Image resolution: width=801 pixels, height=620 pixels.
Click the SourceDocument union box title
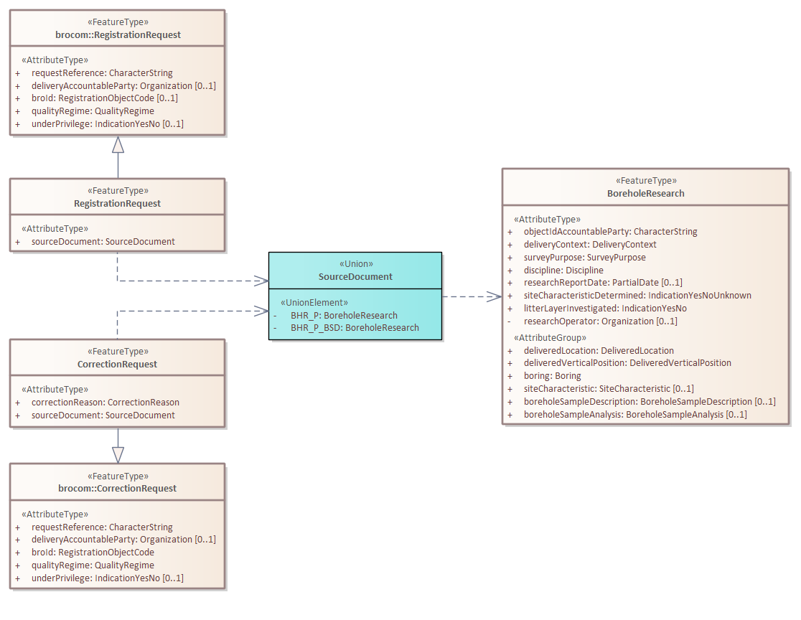[x=355, y=276]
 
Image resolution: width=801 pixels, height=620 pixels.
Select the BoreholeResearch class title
[x=645, y=193]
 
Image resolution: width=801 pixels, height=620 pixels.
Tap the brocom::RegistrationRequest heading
[x=118, y=34]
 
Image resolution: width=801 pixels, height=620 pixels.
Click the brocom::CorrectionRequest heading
[x=118, y=488]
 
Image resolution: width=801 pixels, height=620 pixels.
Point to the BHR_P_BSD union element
[x=355, y=327]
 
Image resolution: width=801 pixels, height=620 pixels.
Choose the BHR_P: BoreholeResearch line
[x=344, y=315]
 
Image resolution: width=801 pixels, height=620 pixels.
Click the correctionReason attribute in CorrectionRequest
[x=105, y=402]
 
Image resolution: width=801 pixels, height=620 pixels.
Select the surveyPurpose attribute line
[x=584, y=257]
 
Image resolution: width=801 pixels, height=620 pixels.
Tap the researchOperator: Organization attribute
[x=600, y=321]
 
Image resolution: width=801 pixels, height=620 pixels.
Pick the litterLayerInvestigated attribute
[x=605, y=308]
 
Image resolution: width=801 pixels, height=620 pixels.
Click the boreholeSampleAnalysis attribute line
[x=634, y=414]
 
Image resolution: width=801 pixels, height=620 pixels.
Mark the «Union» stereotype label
[x=355, y=263]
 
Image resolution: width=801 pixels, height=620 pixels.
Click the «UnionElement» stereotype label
[x=314, y=302]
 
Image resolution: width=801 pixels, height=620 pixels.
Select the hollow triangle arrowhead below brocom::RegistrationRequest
[x=118, y=144]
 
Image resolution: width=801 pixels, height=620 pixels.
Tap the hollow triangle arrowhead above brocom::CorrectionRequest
[x=118, y=454]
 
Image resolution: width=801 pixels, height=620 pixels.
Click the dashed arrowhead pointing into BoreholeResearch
[x=495, y=296]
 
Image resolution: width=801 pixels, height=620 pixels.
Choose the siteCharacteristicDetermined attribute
[x=637, y=295]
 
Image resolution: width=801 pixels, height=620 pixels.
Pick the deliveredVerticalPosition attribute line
[x=627, y=362]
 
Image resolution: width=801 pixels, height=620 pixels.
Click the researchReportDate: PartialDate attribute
[x=603, y=282]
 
